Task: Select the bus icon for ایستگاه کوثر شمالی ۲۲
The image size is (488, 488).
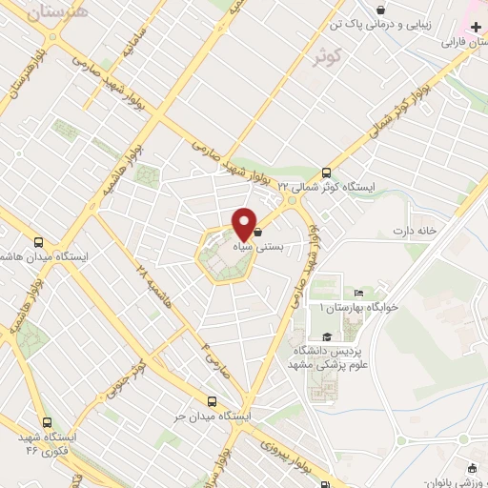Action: (327, 173)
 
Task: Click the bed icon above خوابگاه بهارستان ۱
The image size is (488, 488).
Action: (358, 293)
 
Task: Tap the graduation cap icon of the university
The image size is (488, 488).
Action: (328, 335)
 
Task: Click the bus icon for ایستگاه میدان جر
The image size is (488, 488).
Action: (213, 401)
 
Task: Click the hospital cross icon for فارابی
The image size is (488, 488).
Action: (477, 30)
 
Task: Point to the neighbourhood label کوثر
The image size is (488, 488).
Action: (327, 55)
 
